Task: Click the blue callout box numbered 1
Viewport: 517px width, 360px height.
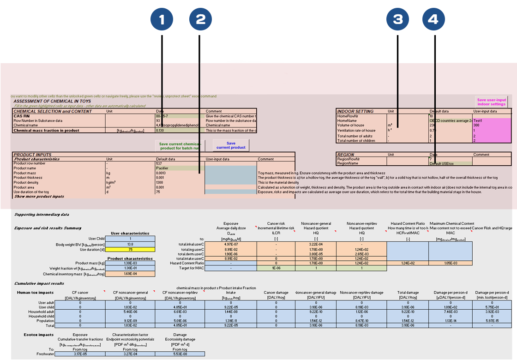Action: click(x=162, y=19)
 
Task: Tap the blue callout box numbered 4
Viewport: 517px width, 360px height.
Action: click(x=433, y=19)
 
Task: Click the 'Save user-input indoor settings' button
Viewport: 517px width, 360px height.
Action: click(x=492, y=102)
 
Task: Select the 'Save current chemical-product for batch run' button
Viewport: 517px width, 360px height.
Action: click(x=179, y=146)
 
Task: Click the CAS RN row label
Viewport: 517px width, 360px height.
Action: click(x=22, y=116)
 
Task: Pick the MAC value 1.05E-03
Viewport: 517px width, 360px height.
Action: click(x=451, y=263)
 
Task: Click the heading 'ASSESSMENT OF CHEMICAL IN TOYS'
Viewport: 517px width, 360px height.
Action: click(x=52, y=101)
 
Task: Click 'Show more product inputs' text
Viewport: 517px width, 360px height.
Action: click(x=39, y=197)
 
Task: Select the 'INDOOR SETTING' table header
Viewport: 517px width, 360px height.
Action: click(x=355, y=111)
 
